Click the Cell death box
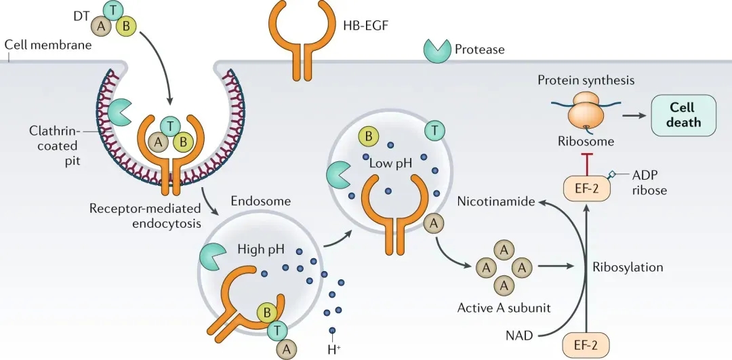[683, 115]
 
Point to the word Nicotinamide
[495, 201]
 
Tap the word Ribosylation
[627, 267]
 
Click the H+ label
[333, 350]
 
